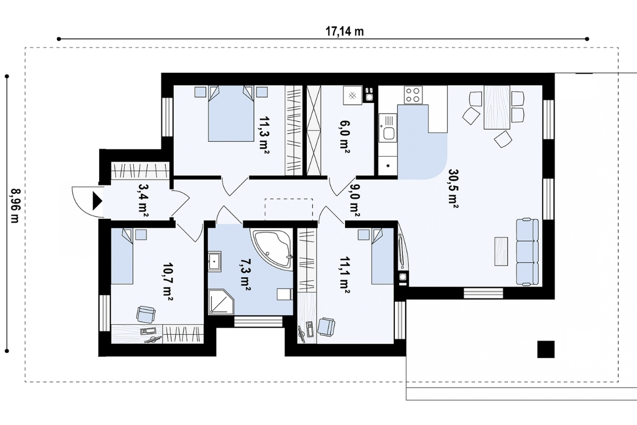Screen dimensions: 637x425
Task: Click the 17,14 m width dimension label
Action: (x=345, y=31)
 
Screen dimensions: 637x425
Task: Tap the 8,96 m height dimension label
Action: (x=15, y=206)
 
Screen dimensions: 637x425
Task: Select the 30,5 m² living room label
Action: (x=453, y=189)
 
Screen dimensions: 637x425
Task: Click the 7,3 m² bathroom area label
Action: (x=245, y=275)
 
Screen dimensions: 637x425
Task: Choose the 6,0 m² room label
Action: (x=345, y=137)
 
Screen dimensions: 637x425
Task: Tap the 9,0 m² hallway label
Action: (x=355, y=200)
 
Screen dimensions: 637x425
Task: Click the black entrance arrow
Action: (x=98, y=201)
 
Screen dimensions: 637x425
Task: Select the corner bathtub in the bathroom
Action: (x=272, y=249)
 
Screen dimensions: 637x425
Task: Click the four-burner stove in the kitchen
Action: (x=413, y=95)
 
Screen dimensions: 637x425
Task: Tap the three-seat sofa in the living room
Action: (x=527, y=252)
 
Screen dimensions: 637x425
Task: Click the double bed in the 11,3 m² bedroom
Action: (x=231, y=114)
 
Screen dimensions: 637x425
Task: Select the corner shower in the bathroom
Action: (x=221, y=302)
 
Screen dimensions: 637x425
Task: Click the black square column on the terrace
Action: (x=546, y=349)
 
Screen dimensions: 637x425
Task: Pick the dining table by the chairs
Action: (x=497, y=107)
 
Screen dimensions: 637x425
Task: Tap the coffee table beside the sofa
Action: (x=501, y=251)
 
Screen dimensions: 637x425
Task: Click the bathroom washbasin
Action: (x=214, y=260)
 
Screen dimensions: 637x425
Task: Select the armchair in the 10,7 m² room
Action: (x=146, y=314)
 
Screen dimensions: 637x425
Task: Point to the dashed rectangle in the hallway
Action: (x=289, y=210)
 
